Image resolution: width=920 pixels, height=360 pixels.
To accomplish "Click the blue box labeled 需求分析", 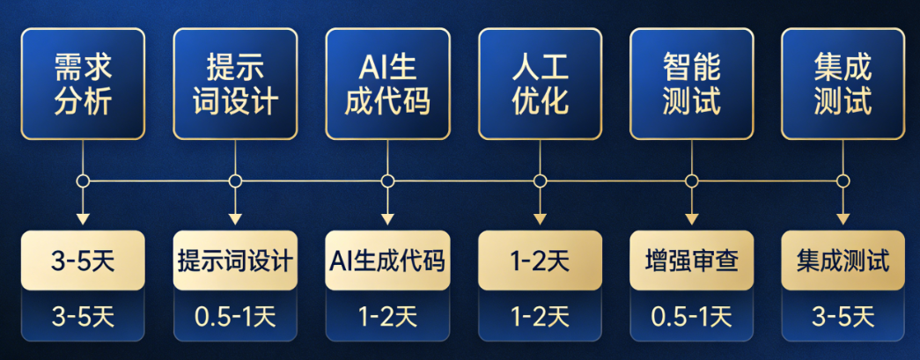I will [x=83, y=84].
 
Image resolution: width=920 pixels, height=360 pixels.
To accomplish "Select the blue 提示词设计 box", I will [x=235, y=84].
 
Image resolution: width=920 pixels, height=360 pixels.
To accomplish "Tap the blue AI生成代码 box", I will [x=387, y=84].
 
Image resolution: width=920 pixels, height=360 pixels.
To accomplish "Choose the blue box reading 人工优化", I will [x=540, y=84].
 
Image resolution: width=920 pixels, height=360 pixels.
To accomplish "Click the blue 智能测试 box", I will [x=692, y=84].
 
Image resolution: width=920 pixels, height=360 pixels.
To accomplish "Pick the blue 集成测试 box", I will [x=843, y=84].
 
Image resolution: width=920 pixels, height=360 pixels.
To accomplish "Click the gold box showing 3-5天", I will [x=83, y=261].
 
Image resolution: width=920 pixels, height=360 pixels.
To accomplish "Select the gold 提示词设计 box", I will [x=235, y=261].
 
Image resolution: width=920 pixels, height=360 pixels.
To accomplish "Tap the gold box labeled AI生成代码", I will [x=387, y=261].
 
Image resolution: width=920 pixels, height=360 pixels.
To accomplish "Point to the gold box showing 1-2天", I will [x=540, y=261].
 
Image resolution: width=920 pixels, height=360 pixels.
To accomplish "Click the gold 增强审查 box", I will [x=692, y=261].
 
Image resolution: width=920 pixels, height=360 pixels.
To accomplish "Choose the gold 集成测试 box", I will [x=843, y=261].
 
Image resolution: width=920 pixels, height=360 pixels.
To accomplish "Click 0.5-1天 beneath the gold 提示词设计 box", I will [x=235, y=315].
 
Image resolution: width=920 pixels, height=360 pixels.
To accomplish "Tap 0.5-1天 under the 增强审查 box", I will [x=692, y=315].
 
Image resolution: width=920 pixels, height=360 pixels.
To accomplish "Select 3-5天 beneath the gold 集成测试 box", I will [x=843, y=315].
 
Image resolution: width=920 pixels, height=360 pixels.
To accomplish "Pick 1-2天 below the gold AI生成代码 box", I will [x=387, y=315].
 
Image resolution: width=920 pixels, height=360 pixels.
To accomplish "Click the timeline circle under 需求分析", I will [x=83, y=181].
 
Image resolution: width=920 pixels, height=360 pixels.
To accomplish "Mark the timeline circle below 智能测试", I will [x=692, y=181].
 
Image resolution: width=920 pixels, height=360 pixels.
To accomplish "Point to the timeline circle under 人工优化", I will [x=540, y=181].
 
